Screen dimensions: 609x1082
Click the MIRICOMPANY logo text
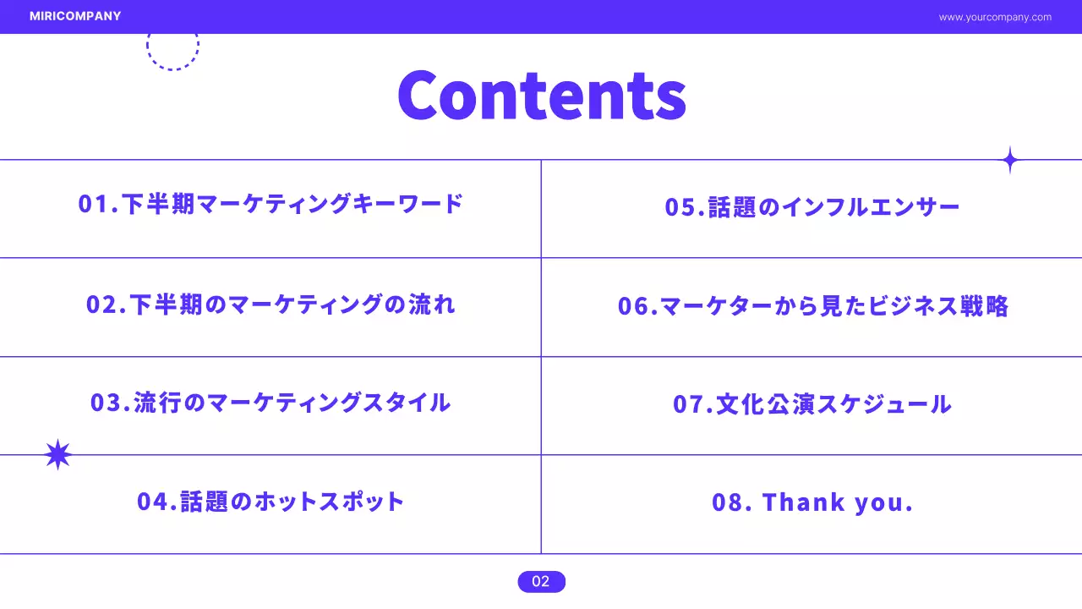click(75, 16)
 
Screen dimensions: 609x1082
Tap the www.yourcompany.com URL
click(995, 17)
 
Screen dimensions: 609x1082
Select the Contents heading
click(541, 95)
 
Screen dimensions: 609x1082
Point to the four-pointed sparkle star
click(1009, 160)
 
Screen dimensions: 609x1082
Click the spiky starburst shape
click(57, 455)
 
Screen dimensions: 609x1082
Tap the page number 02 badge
click(541, 581)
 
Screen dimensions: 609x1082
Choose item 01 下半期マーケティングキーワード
click(270, 205)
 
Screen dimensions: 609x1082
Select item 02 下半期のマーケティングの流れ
click(270, 304)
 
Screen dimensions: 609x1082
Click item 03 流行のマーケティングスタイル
click(270, 403)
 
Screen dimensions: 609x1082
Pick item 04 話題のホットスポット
click(270, 502)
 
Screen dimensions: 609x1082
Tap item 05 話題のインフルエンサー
click(811, 208)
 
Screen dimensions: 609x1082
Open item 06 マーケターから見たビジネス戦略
click(812, 306)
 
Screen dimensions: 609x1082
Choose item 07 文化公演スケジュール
click(811, 404)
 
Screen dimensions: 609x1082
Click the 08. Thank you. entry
click(811, 502)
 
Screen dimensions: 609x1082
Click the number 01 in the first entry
click(91, 205)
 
